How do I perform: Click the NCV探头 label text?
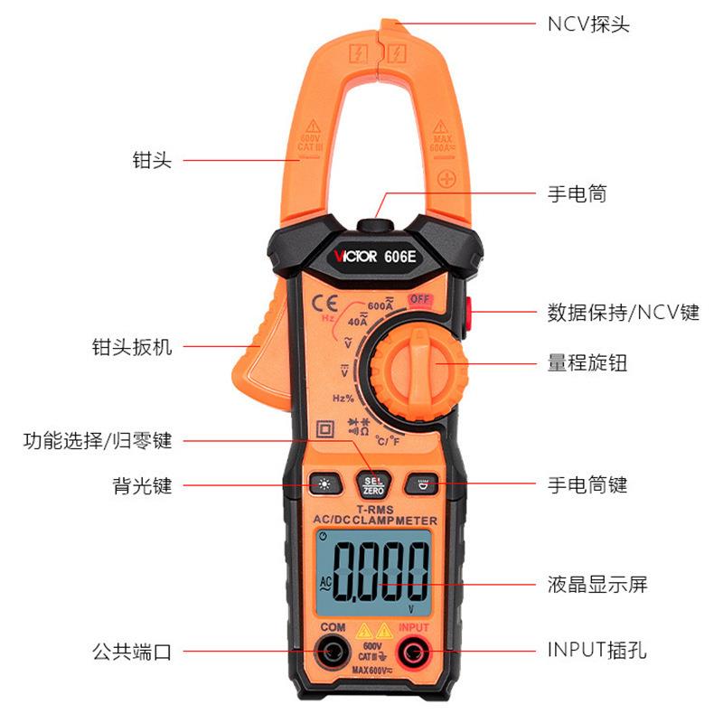[588, 24]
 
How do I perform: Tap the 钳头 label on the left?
[151, 161]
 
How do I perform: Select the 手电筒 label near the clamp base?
[577, 193]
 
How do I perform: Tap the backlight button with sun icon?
[323, 485]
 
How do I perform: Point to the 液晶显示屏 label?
[597, 584]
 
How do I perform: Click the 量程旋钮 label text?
[587, 363]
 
